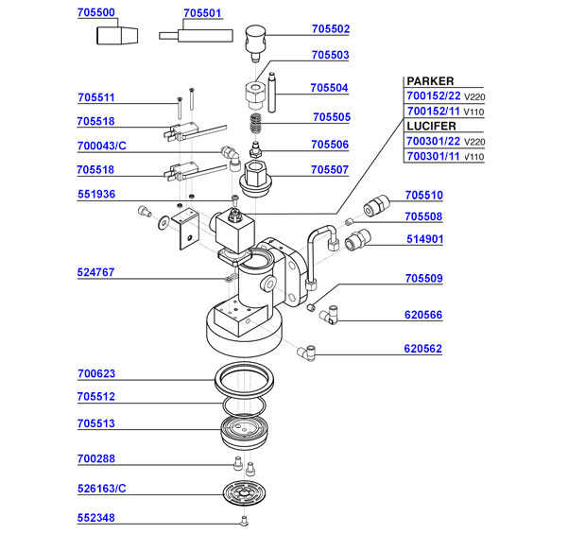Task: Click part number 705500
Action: (x=95, y=14)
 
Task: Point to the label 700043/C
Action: (x=102, y=146)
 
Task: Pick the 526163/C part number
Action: (x=102, y=490)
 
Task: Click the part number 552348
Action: (x=96, y=518)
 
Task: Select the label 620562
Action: (x=423, y=349)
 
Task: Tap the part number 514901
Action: (x=423, y=240)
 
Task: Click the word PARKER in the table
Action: (x=430, y=81)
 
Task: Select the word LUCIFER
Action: (x=432, y=126)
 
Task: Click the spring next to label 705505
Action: (x=254, y=124)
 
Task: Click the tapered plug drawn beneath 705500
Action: (x=117, y=37)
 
